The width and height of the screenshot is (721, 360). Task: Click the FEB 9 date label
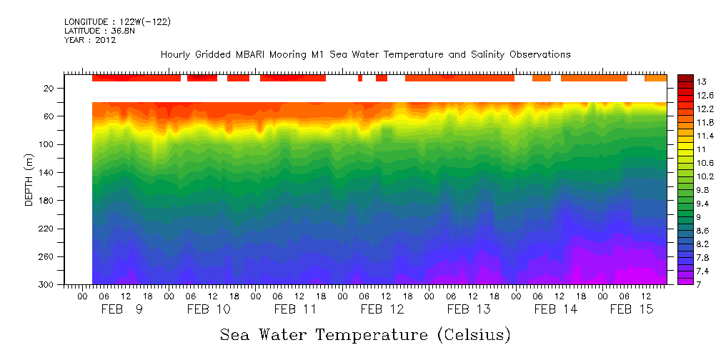(121, 309)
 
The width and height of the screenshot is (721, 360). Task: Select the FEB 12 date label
(382, 309)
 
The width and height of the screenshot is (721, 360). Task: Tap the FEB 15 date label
(631, 309)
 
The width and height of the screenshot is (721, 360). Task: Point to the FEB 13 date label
(469, 309)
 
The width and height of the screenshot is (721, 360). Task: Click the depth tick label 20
(50, 89)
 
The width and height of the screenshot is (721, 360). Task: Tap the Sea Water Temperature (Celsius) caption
(365, 335)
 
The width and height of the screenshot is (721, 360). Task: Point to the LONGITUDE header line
(117, 22)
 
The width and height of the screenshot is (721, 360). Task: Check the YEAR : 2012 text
(90, 40)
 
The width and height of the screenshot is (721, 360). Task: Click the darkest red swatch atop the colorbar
(685, 78)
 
